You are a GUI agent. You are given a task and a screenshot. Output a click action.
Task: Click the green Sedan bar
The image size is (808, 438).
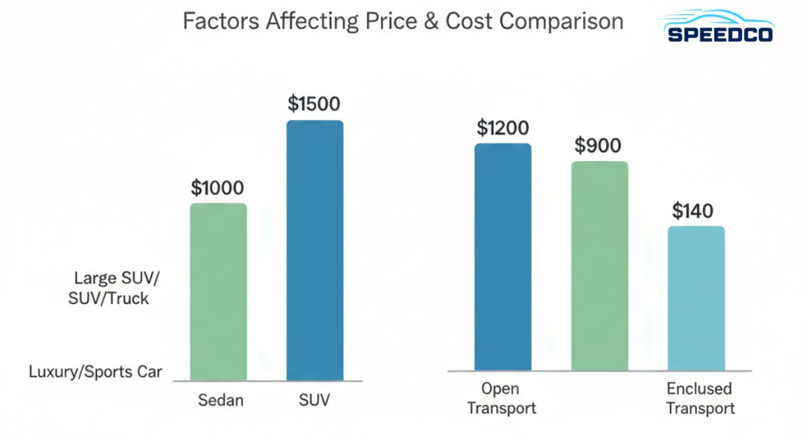click(x=218, y=292)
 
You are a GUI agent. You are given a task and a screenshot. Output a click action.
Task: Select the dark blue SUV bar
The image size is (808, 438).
click(x=314, y=251)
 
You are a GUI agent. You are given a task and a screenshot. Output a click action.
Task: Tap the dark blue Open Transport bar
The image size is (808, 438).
click(x=502, y=257)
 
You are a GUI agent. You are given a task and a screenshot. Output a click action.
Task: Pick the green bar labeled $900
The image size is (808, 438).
click(x=599, y=265)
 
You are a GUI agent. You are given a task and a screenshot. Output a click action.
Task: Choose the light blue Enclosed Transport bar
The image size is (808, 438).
click(x=696, y=298)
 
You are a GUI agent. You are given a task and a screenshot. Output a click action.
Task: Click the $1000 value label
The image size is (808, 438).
click(x=217, y=187)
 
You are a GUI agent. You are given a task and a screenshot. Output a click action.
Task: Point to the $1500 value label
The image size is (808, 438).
click(x=314, y=104)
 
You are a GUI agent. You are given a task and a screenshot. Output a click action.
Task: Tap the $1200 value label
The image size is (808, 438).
click(x=502, y=127)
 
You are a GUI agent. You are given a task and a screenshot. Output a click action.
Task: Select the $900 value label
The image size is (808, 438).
click(x=599, y=146)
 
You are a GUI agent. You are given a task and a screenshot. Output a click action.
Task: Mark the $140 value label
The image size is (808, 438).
click(x=693, y=211)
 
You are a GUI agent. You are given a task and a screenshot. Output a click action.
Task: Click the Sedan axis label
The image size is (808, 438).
click(x=221, y=400)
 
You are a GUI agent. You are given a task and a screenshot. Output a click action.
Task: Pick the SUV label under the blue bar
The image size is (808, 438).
click(x=314, y=400)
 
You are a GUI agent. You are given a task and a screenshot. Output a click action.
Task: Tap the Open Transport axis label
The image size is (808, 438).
click(x=502, y=398)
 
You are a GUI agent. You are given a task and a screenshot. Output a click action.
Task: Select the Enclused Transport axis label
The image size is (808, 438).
click(x=700, y=398)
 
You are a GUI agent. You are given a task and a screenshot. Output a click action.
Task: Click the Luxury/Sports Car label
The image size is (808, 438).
click(x=96, y=371)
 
